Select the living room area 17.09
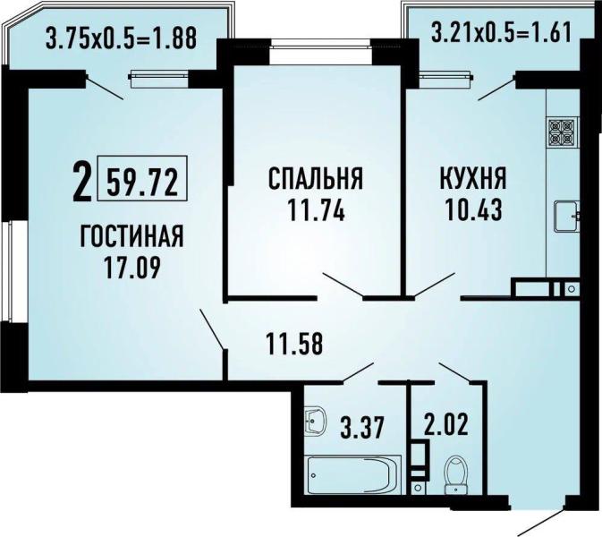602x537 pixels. tap(131, 266)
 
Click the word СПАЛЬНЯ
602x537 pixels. tap(316, 178)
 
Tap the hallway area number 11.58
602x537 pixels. tap(294, 341)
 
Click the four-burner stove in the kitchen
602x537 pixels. tap(562, 133)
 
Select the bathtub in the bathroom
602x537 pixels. tap(350, 472)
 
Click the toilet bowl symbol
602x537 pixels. tap(457, 473)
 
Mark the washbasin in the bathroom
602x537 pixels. tap(316, 418)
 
